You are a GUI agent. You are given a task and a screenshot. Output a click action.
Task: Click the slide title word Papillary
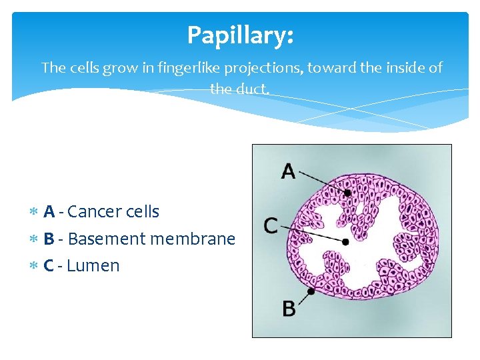pos(239,35)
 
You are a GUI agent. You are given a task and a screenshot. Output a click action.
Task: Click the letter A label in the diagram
pos(288,172)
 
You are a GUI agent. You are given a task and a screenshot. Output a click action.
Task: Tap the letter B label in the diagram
pos(289,309)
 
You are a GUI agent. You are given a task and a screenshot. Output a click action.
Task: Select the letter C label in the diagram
pos(271,226)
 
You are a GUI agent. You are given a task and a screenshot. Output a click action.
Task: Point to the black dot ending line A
pos(347,193)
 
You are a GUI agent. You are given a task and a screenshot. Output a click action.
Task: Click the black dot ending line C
pos(345,242)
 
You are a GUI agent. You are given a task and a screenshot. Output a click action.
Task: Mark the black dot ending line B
pos(311,291)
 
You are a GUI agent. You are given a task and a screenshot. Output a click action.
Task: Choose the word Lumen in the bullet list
pos(93,265)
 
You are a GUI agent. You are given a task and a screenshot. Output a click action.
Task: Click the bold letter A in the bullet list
pos(49,212)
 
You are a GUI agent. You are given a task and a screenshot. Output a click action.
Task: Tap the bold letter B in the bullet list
pos(49,239)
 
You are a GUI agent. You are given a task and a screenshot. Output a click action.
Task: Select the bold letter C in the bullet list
pos(49,265)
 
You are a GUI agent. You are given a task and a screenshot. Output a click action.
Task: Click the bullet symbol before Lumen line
pos(33,266)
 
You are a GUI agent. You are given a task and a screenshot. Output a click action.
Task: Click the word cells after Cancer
pos(141,212)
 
